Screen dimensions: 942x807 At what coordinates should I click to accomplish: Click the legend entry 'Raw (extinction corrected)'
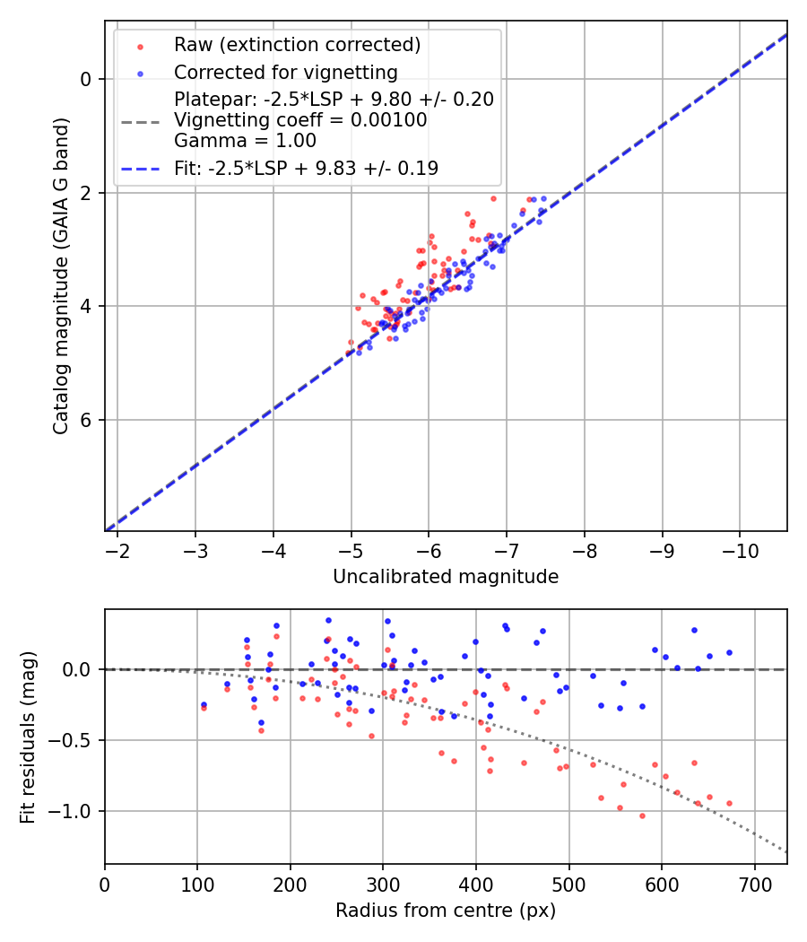(x=297, y=45)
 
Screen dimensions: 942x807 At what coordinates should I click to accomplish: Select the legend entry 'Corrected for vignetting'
(x=285, y=72)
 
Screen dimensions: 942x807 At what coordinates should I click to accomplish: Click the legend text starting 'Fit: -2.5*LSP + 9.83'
(x=306, y=168)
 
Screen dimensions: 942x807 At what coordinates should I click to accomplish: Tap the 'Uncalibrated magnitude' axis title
(x=446, y=577)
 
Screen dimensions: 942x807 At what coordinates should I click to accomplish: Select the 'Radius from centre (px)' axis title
(x=446, y=911)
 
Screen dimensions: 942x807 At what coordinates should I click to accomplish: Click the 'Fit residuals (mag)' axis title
(x=28, y=737)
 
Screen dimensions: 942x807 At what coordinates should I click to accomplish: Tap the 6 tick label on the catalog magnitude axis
(x=86, y=420)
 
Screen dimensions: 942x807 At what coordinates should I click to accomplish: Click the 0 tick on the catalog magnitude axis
(x=86, y=79)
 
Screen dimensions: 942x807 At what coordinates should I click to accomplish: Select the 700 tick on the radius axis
(x=754, y=884)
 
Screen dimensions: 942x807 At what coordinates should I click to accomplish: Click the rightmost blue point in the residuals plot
(x=729, y=653)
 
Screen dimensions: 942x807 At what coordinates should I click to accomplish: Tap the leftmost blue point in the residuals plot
(x=204, y=704)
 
